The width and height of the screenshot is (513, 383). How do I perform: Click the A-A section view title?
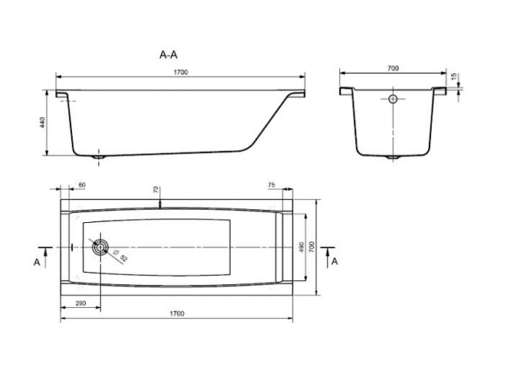(168, 54)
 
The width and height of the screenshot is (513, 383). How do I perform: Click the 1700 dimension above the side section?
(181, 72)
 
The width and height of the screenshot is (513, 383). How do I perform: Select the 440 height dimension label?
(43, 122)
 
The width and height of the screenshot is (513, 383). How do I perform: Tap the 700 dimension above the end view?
(393, 68)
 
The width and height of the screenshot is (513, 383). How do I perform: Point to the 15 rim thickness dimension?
(453, 77)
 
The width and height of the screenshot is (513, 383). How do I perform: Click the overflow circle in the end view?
(393, 99)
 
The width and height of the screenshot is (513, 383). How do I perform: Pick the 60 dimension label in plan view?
(82, 185)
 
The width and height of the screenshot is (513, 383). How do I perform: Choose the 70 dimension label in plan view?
(156, 189)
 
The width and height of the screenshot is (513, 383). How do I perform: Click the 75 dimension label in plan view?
(271, 185)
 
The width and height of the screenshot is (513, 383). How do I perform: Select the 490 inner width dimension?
(302, 247)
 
